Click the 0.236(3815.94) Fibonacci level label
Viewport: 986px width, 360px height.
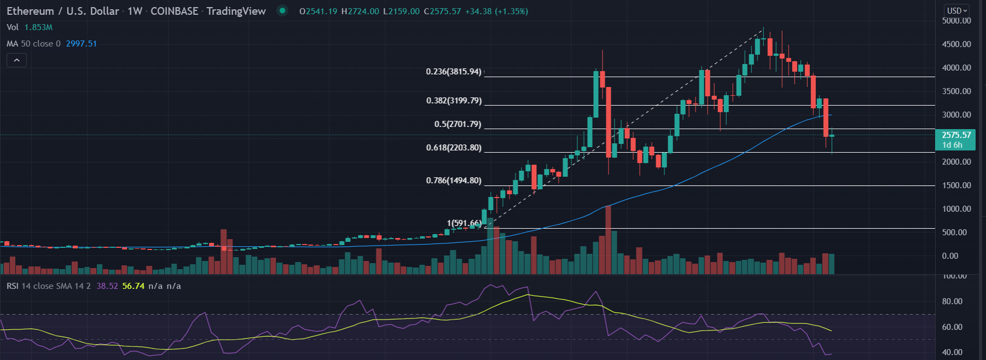[x=454, y=72]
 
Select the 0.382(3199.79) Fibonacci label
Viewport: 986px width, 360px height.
[x=454, y=101]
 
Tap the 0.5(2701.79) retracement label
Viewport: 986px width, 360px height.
[x=457, y=124]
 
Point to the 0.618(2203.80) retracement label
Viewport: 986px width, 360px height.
[x=454, y=148]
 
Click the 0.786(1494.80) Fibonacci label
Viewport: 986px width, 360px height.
[x=454, y=181]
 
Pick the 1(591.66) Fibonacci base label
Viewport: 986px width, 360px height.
[x=464, y=223]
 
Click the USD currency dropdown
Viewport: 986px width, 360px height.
[x=957, y=10]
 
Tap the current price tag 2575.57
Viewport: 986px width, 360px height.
[x=956, y=135]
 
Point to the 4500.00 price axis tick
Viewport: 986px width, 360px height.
[x=956, y=44]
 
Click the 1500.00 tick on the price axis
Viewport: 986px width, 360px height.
[x=956, y=185]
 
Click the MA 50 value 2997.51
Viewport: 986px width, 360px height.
[x=81, y=44]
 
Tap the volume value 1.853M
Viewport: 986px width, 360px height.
[x=38, y=27]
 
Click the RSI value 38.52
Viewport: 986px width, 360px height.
[x=107, y=286]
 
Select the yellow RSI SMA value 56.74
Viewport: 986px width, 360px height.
[x=134, y=286]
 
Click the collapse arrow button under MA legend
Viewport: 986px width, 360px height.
[x=16, y=60]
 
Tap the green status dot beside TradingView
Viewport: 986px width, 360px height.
[x=282, y=10]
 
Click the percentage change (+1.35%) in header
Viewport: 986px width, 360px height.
[x=511, y=11]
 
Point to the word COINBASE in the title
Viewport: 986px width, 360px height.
[x=174, y=11]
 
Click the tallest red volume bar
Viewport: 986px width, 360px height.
[x=608, y=241]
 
